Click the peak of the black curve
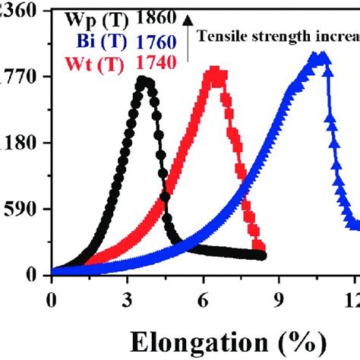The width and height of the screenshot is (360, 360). click(144, 80)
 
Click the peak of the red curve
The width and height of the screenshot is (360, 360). click(217, 73)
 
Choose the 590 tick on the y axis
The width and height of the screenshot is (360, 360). click(23, 209)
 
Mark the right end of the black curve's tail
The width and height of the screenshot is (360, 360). click(262, 256)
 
